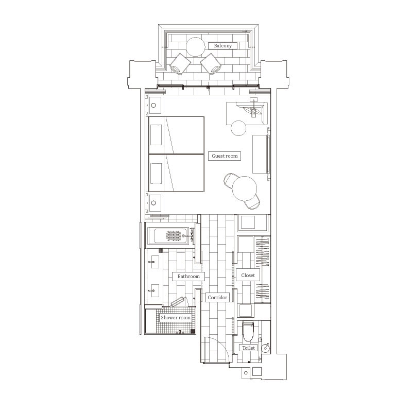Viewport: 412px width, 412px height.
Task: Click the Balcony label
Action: point(222,46)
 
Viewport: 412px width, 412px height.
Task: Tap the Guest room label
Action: point(225,156)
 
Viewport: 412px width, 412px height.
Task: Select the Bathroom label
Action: point(188,277)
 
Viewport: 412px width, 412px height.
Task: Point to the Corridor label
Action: point(217,298)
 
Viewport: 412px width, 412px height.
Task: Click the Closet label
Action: point(248,276)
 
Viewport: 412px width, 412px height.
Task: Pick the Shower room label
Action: point(176,318)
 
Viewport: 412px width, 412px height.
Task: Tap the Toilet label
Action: point(248,348)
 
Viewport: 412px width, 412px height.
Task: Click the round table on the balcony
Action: point(196,47)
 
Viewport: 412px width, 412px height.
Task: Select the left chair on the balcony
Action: point(180,64)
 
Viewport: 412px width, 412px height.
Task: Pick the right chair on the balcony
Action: point(211,64)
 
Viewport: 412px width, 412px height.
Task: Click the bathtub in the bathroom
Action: point(171,236)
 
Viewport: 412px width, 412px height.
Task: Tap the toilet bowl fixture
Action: point(248,332)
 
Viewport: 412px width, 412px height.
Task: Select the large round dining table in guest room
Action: point(244,188)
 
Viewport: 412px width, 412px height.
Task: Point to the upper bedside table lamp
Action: point(153,106)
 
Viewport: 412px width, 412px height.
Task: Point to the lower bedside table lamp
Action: point(153,203)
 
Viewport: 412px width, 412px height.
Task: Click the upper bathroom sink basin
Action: point(155,262)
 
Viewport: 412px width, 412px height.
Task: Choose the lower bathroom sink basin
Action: point(155,290)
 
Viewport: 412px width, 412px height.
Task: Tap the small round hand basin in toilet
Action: point(265,348)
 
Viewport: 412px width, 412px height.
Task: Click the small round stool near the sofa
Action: point(238,128)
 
